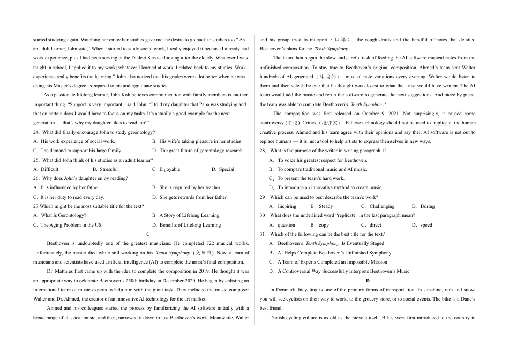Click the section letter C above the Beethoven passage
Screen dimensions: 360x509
tap(147, 234)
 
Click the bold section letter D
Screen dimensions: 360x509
tap(368, 281)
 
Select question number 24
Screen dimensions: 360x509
tap(36, 132)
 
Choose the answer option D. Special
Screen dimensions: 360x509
tap(223, 169)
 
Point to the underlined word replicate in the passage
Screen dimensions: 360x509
tap(442, 123)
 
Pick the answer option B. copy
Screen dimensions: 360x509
tap(320, 225)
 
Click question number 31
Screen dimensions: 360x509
tap(263, 234)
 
